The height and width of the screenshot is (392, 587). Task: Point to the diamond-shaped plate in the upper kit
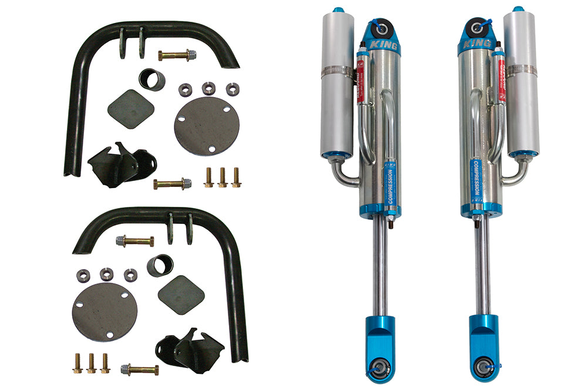[x=130, y=109]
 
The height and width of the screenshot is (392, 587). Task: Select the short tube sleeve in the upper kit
[x=152, y=79]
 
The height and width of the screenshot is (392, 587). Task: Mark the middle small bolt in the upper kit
[x=222, y=177]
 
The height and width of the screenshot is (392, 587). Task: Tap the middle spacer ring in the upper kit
[x=208, y=89]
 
